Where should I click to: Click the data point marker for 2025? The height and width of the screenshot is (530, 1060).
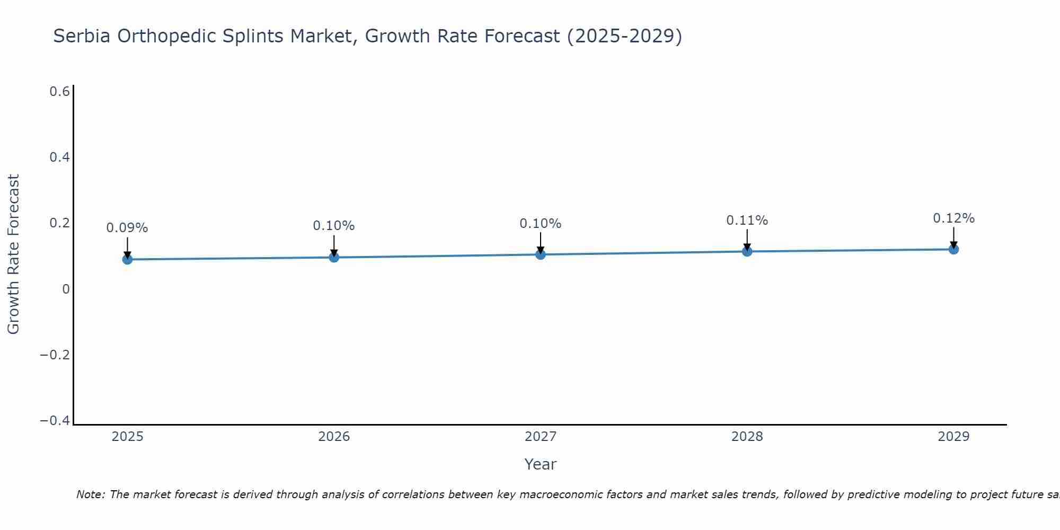(127, 259)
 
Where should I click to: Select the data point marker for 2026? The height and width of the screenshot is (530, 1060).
(334, 257)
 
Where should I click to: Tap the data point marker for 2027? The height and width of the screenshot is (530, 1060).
(541, 254)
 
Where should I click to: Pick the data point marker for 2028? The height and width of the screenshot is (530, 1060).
(747, 251)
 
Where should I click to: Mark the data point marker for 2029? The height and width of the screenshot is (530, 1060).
(953, 249)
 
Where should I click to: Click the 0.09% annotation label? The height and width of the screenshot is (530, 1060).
(127, 228)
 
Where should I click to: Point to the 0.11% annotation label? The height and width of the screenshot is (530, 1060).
(747, 220)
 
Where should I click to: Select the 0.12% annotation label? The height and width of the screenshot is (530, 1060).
(953, 218)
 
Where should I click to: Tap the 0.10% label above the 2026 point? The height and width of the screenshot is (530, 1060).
(334, 226)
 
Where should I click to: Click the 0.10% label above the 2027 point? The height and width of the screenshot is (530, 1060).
(541, 224)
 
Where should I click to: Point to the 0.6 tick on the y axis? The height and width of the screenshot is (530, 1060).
(60, 92)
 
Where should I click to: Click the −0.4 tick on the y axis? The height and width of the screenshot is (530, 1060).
(55, 420)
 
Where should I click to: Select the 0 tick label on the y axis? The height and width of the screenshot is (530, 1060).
(66, 289)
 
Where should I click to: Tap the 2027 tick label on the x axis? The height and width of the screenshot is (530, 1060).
(541, 437)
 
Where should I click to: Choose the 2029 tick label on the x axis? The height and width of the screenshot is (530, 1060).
(953, 437)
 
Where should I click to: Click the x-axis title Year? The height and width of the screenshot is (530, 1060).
(541, 464)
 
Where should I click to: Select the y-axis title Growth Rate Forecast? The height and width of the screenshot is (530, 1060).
(14, 254)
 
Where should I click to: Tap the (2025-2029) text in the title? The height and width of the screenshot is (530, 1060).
(624, 36)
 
